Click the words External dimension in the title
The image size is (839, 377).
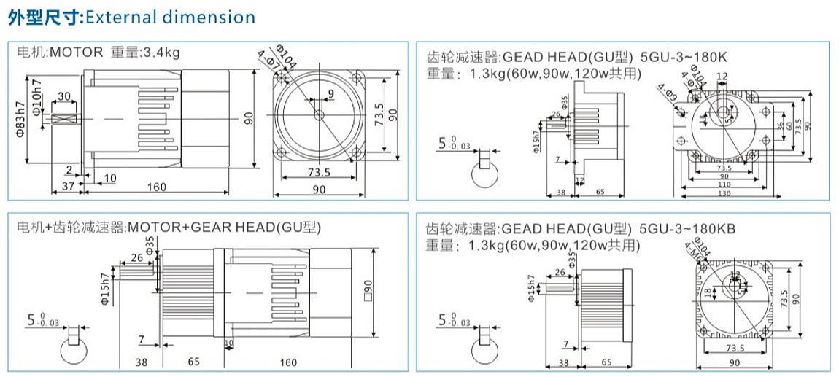tap(171, 17)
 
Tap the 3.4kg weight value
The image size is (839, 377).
tap(161, 52)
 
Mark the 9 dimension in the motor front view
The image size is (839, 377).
tap(330, 93)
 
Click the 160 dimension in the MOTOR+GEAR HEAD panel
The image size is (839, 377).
tap(287, 362)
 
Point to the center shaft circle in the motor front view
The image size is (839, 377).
tap(319, 114)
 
